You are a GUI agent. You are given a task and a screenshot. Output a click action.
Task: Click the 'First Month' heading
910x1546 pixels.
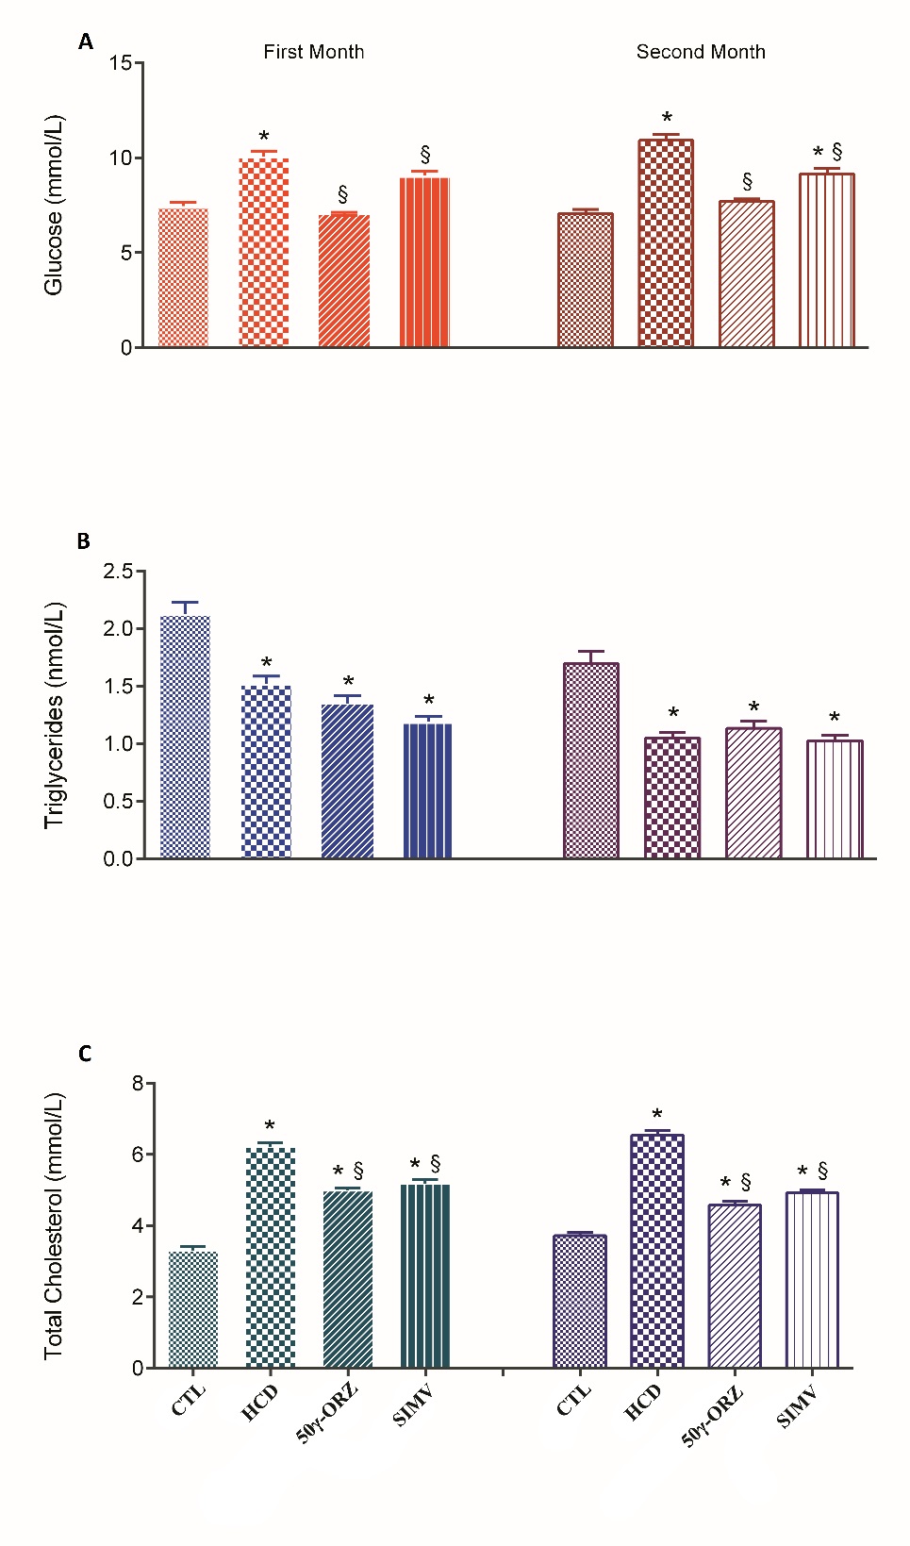pos(313,52)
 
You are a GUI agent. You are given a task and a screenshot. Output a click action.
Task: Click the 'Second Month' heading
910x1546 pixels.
pos(701,52)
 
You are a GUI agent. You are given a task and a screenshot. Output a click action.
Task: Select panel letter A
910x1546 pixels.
pos(86,42)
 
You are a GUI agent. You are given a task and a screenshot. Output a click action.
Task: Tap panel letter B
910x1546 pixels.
pos(84,540)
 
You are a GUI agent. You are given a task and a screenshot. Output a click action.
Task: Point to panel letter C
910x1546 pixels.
pos(85,1054)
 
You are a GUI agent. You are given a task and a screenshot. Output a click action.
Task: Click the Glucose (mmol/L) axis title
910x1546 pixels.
pos(54,205)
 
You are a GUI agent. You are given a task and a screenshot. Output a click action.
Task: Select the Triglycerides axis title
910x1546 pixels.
pos(54,715)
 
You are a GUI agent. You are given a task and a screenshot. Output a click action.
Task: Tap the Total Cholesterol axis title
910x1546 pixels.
pos(54,1225)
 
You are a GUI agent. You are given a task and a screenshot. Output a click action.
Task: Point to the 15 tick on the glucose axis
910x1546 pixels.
pos(120,63)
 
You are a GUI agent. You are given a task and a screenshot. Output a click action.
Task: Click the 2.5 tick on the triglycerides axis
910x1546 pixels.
pos(118,571)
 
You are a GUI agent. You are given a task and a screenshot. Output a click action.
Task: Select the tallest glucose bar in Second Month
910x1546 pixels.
pos(666,243)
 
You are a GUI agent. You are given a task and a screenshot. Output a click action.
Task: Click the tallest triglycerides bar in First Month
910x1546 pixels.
pos(186,737)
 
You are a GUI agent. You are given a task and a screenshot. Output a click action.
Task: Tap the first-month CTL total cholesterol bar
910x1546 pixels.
pos(193,1309)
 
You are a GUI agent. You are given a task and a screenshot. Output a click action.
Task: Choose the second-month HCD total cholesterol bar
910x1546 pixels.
pos(657,1251)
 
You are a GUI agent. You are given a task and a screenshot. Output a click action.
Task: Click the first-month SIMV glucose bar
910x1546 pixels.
pos(424,262)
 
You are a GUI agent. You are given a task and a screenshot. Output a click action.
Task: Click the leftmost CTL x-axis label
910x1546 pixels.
pos(189,1401)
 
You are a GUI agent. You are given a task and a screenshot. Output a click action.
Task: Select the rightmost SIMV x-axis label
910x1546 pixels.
pos(797,1407)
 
